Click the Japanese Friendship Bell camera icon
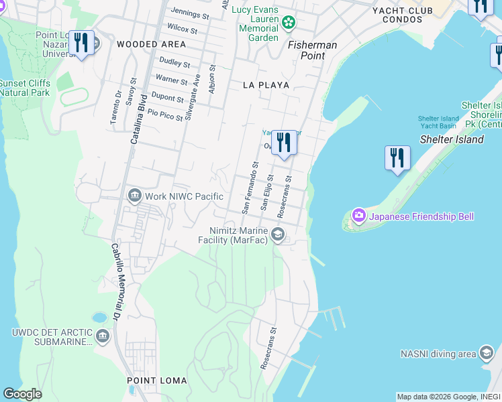358,215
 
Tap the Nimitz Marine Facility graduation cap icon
277,234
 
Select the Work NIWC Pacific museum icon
134,196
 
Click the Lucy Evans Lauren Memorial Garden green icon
289,23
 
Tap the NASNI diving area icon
487,353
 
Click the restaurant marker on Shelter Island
397,158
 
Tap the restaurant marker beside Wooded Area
81,43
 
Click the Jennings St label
190,13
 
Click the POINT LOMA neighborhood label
152,381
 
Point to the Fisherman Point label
312,51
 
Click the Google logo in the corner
22,394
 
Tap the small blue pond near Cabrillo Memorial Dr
99,317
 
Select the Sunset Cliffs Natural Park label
25,88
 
